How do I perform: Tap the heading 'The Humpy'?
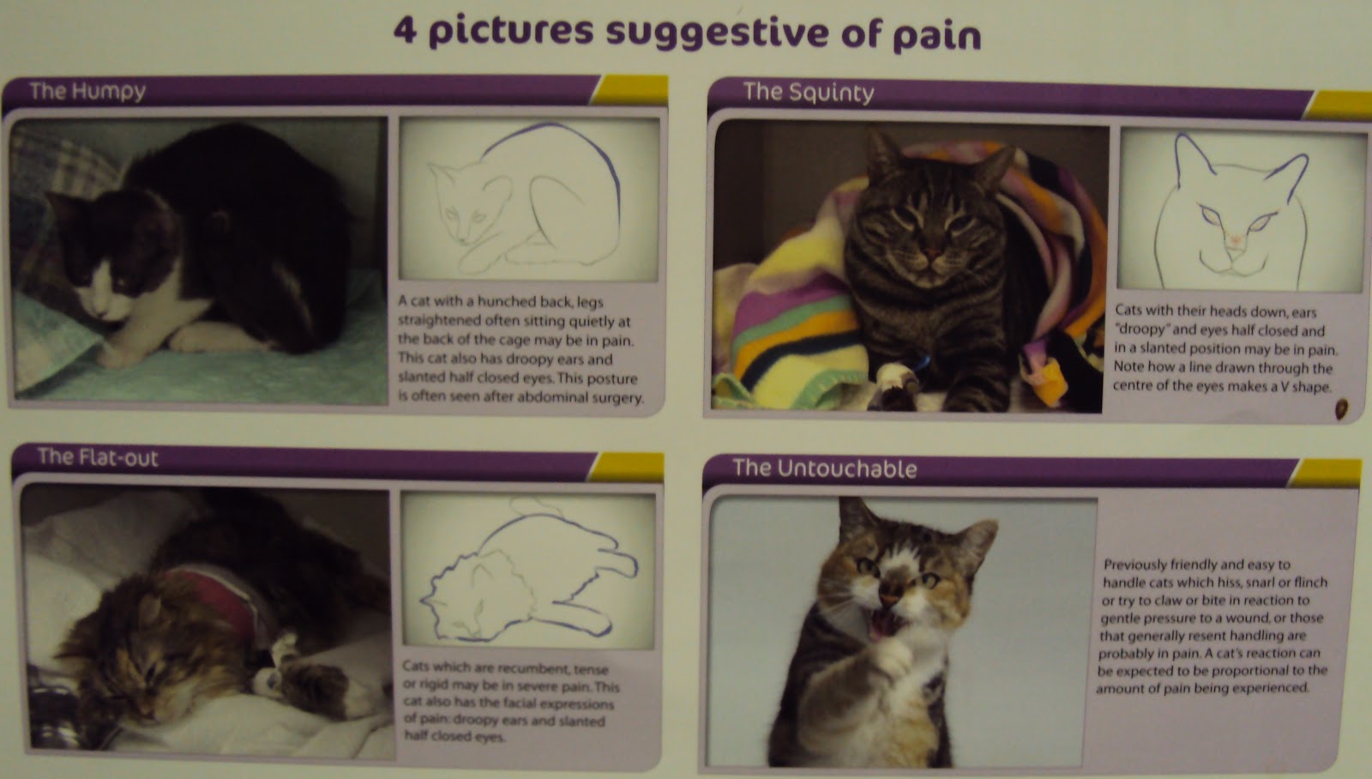[87, 91]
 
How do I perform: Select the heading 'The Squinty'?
[808, 92]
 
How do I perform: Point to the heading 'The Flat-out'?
[98, 456]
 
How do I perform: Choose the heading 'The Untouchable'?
[824, 468]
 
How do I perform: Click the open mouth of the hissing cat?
[883, 625]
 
